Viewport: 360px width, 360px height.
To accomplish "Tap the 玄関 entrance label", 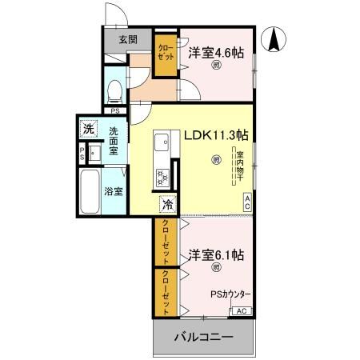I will point(128,38).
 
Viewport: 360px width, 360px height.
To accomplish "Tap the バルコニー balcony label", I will point(205,338).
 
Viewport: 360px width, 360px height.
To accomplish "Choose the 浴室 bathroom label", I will point(114,191).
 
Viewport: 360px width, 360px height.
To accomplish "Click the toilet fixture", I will point(114,90).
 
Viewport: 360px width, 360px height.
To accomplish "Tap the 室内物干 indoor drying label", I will point(238,164).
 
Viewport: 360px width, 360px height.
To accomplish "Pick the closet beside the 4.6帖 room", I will point(166,54).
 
